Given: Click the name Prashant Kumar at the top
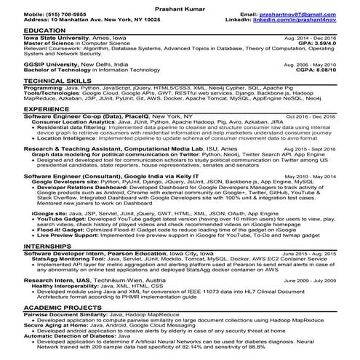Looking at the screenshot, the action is coord(179,5).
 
